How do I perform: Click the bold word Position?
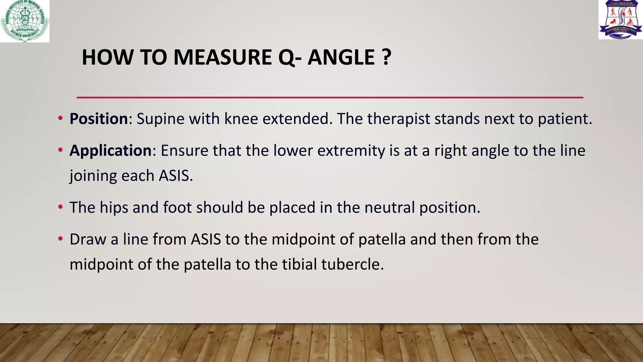(99, 119)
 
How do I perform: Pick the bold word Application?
(111, 151)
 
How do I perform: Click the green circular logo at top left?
(24, 21)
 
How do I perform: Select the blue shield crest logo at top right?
(620, 19)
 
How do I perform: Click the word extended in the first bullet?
(297, 119)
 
